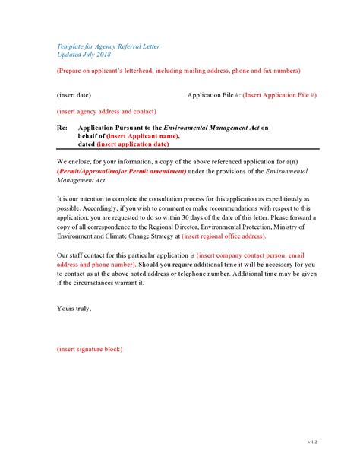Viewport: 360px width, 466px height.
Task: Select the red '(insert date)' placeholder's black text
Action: tap(74, 95)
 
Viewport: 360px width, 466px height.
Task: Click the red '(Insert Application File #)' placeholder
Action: tap(279, 95)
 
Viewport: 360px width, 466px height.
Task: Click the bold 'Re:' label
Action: tap(62, 128)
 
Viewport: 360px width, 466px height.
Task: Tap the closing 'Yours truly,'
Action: tap(73, 309)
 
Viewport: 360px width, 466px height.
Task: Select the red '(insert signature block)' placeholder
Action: tap(90, 349)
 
